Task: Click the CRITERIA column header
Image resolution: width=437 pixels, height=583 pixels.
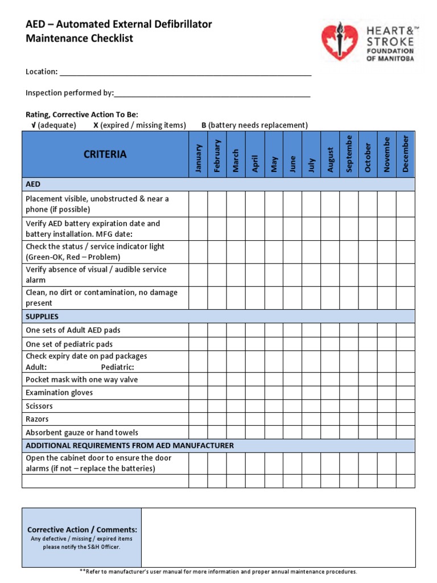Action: click(x=105, y=154)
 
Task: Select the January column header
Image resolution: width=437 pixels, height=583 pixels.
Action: click(x=198, y=154)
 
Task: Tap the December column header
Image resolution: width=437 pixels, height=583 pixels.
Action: click(x=406, y=154)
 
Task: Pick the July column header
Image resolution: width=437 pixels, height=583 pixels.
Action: click(x=311, y=154)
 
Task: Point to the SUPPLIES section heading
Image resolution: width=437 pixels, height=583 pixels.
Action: click(x=42, y=317)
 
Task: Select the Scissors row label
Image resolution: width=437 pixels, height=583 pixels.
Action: click(x=39, y=406)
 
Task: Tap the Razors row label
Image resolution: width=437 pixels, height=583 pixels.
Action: click(x=38, y=419)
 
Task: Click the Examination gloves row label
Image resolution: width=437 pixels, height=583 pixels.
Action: click(x=59, y=393)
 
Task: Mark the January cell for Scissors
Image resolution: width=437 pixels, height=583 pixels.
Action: click(x=198, y=406)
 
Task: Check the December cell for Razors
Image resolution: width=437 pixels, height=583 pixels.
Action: click(x=406, y=419)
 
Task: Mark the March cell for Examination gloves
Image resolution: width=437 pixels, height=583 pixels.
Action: click(x=236, y=393)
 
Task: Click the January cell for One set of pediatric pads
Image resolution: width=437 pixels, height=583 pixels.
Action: click(x=198, y=344)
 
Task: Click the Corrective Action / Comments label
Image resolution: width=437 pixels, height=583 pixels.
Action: click(x=82, y=529)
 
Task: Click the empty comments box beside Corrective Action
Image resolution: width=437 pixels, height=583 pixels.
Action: click(x=278, y=537)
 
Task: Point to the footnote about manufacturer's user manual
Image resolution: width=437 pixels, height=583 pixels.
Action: click(x=218, y=572)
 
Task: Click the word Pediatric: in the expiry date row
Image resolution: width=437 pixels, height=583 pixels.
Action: click(x=117, y=367)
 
